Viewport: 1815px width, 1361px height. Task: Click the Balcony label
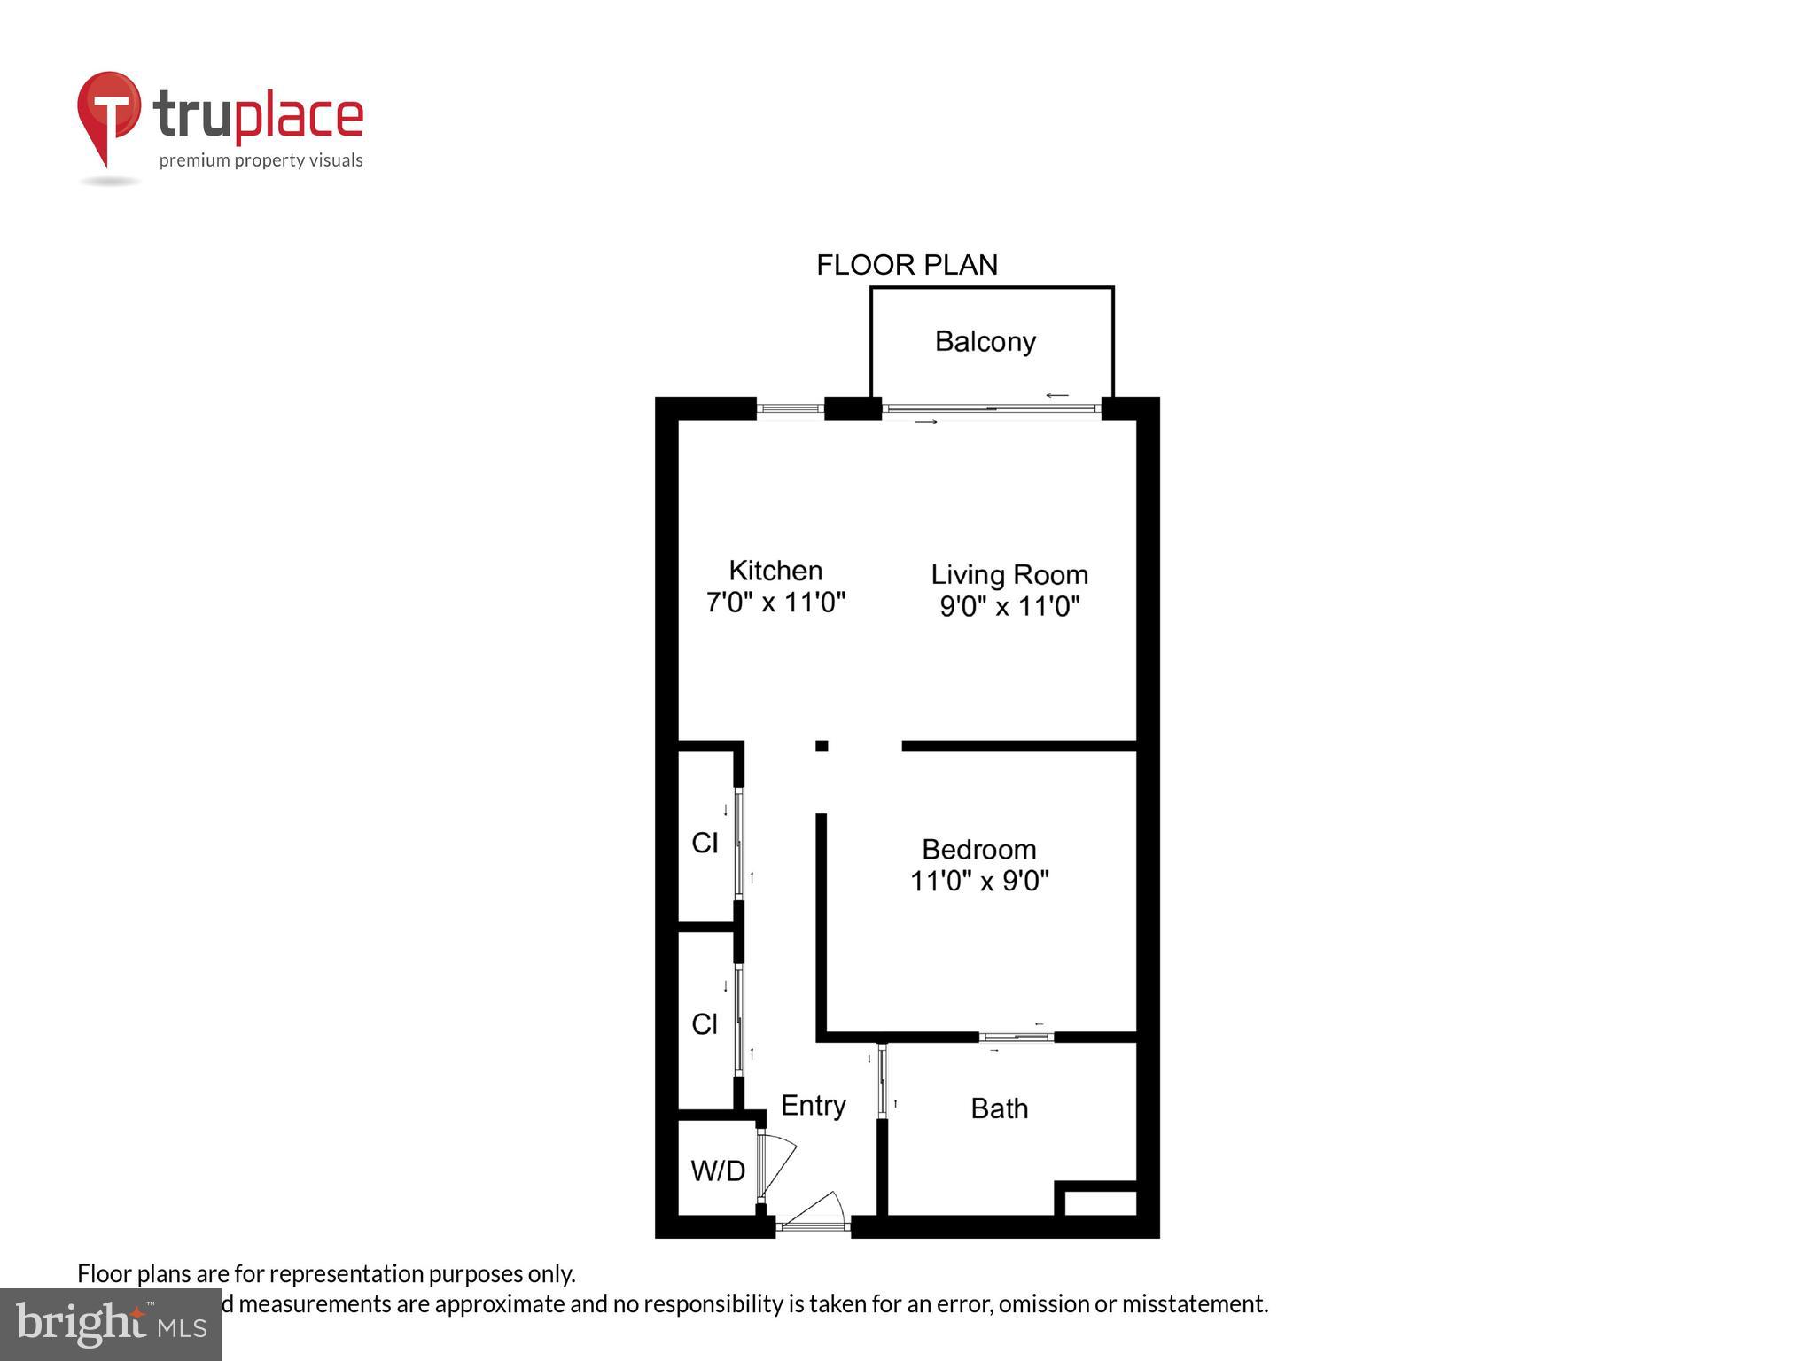985,341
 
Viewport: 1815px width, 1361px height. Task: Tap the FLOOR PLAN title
906,265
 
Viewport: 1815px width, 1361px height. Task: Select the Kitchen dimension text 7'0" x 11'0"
775,603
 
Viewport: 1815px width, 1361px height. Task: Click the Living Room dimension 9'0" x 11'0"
1009,607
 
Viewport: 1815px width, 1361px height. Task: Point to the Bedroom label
978,849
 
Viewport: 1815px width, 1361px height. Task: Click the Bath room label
999,1108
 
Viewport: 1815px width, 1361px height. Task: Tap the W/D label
717,1170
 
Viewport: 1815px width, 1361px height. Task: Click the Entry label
813,1105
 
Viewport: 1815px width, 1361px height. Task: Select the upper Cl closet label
705,843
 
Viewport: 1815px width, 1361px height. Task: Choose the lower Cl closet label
705,1024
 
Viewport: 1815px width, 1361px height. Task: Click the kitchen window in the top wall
790,408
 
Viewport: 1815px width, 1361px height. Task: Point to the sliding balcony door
991,408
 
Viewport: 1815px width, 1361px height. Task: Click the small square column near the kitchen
822,746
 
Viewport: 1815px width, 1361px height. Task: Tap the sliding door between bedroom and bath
1017,1037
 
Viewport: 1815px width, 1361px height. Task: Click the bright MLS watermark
110,1324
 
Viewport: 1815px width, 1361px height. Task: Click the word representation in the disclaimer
347,1273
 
